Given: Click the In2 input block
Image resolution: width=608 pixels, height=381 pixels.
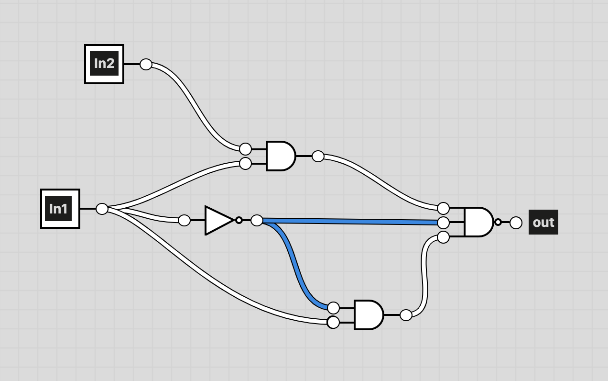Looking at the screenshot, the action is tap(104, 64).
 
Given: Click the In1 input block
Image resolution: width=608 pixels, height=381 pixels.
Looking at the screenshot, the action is tap(60, 209).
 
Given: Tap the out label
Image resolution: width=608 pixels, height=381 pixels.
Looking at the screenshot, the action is tap(543, 222).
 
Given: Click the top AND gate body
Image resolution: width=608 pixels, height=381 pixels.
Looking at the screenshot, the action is tap(281, 156).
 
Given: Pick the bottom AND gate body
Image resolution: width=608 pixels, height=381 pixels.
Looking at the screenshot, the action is tap(369, 315).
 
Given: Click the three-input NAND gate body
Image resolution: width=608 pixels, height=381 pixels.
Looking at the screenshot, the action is tap(479, 222).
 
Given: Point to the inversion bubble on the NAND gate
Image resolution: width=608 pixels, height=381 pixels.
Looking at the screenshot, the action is tap(498, 222).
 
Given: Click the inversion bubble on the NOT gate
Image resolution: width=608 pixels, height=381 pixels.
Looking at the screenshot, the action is tap(239, 220).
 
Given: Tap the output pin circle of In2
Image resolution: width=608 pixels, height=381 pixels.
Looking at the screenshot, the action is tap(146, 65).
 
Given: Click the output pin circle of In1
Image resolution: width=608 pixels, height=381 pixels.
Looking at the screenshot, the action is tap(102, 209).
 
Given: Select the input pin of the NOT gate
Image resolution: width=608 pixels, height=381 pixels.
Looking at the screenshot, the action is tap(185, 220).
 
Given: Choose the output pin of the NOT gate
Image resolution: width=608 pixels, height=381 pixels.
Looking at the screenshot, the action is tap(257, 220).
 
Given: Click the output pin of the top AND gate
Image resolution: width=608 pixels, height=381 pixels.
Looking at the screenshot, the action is tap(318, 156).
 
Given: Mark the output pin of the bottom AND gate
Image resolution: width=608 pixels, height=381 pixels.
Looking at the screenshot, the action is tap(406, 315).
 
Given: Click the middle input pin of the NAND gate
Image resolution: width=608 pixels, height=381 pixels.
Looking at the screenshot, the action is tap(443, 223).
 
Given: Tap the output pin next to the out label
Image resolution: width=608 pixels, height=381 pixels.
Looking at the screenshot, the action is tap(516, 223).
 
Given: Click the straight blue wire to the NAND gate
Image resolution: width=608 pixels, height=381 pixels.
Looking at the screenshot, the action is tap(350, 222).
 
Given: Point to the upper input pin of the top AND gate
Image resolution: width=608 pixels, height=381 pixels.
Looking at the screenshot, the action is tap(246, 149).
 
